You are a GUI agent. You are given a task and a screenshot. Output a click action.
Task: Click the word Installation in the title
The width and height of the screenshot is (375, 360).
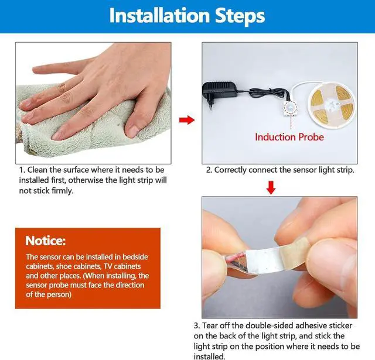tap(159, 16)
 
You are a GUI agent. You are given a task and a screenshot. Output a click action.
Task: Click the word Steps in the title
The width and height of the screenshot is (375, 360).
tap(240, 16)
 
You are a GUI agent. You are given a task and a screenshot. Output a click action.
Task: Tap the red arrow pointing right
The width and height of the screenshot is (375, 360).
tap(187, 120)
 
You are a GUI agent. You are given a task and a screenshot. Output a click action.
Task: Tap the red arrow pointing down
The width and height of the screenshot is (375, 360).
tap(271, 187)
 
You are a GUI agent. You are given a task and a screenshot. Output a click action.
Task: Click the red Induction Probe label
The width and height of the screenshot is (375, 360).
tap(289, 137)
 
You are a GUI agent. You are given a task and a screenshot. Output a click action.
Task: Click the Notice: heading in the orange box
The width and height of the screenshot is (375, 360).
tap(46, 241)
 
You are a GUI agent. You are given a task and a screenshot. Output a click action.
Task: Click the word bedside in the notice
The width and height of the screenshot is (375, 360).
tap(135, 257)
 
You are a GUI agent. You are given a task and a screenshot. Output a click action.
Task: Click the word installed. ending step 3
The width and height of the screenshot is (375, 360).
tap(210, 356)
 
